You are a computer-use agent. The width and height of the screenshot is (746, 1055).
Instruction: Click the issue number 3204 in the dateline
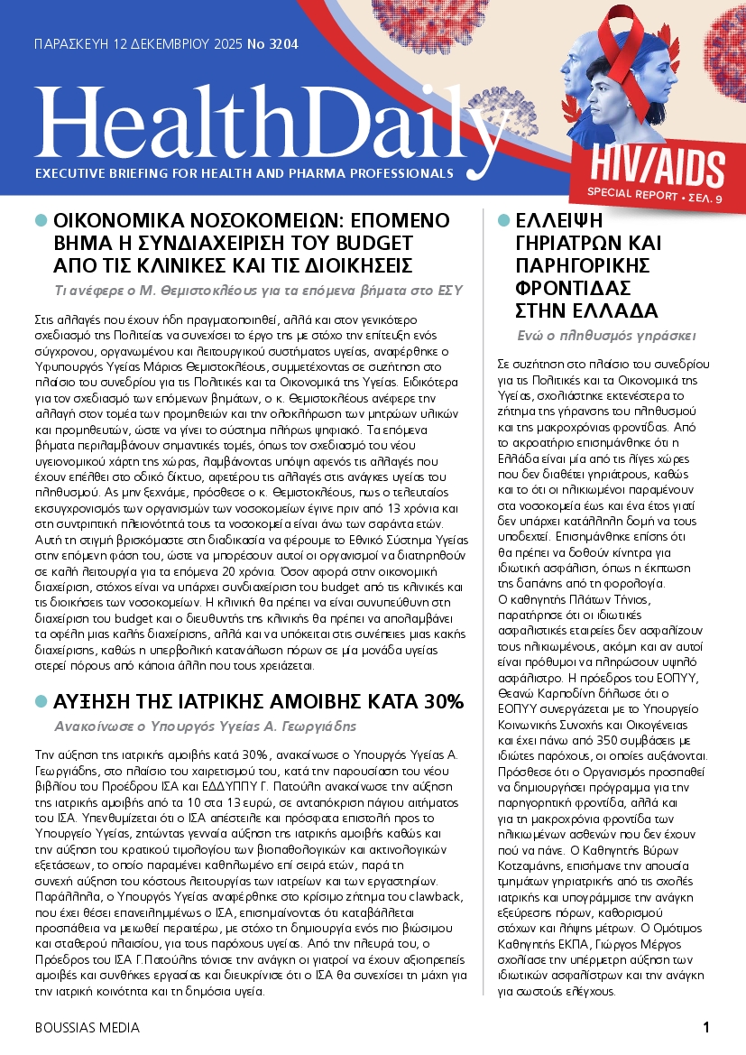[283, 42]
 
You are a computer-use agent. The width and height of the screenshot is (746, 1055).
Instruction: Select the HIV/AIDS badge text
[659, 168]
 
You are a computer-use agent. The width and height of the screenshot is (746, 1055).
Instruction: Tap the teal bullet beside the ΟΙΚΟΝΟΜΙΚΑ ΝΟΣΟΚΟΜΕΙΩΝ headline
[41, 220]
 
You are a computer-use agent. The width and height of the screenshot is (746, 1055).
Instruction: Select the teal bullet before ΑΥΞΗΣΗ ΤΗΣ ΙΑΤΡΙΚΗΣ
[41, 702]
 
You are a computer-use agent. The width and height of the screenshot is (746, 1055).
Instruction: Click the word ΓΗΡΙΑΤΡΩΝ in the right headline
[587, 243]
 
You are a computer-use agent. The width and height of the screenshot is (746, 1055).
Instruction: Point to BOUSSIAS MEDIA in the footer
[87, 1028]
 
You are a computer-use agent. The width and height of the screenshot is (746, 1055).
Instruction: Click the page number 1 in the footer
[706, 1027]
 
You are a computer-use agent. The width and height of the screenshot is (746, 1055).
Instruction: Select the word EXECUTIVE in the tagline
[73, 172]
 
